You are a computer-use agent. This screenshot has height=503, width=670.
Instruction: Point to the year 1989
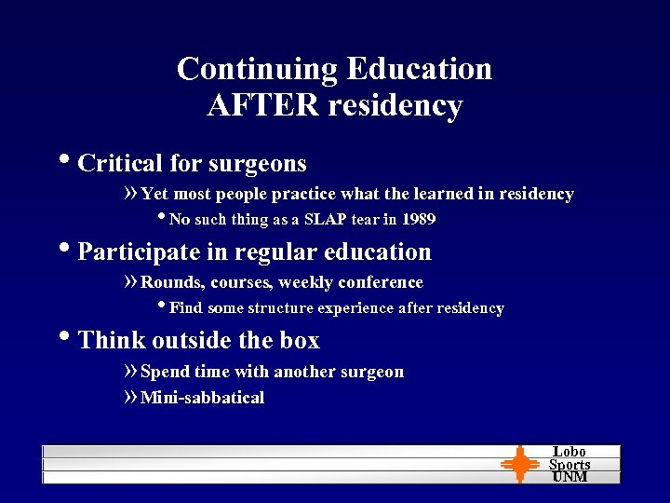pyautogui.click(x=418, y=220)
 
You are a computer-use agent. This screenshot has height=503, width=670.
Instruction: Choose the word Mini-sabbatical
pyautogui.click(x=202, y=398)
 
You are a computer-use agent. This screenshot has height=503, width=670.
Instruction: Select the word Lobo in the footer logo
pyautogui.click(x=569, y=452)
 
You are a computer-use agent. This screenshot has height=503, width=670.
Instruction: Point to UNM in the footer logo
pyautogui.click(x=569, y=477)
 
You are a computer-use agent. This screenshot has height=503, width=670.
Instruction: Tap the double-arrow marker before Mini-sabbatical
pyautogui.click(x=130, y=398)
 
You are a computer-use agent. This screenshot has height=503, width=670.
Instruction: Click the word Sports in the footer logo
pyautogui.click(x=569, y=465)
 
